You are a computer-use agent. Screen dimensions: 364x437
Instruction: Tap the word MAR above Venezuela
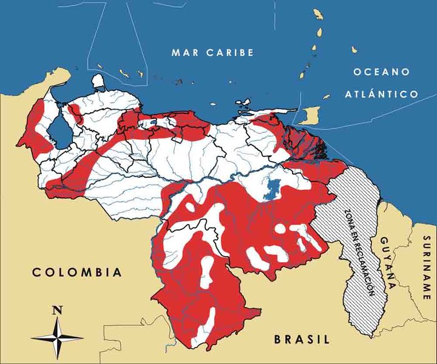pos(185,52)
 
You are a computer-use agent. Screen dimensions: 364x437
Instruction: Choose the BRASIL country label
pos(301,339)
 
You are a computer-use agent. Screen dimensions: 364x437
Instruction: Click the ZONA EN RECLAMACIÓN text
pos(358,251)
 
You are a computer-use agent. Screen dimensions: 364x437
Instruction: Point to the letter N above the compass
pos(57,310)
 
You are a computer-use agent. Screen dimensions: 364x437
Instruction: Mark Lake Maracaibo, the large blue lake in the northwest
pos(59,130)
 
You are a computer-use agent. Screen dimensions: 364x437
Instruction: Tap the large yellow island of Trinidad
pos(310,113)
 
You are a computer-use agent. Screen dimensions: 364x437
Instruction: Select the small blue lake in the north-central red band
pos(152,123)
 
